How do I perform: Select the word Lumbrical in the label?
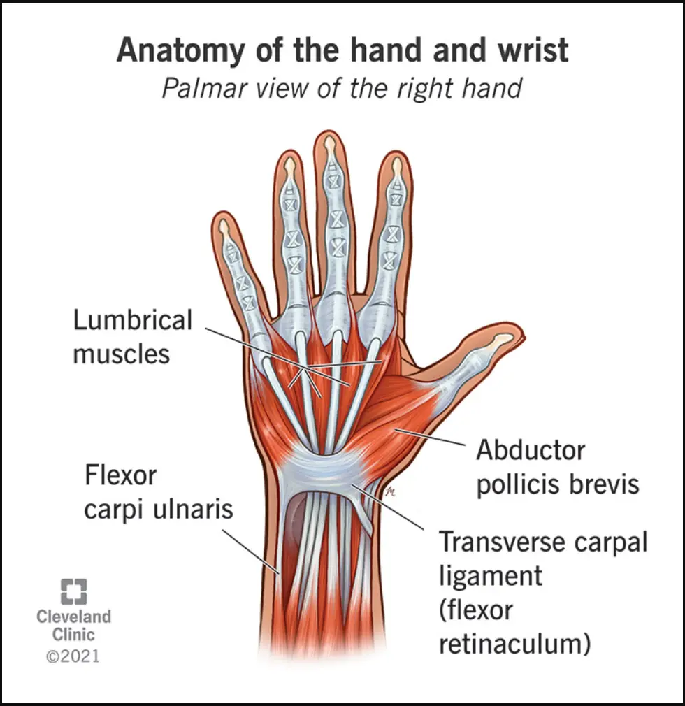(133, 320)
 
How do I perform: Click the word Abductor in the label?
(531, 450)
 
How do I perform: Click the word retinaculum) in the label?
(514, 644)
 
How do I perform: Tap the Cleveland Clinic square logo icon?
(74, 591)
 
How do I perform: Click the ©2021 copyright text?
(73, 656)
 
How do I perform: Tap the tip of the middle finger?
(330, 132)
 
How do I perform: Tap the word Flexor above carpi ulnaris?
(121, 475)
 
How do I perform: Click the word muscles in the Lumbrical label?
(122, 354)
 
